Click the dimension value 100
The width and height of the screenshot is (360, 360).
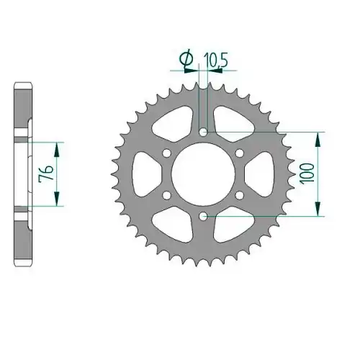(x=308, y=174)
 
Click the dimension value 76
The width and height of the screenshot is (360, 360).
(x=46, y=173)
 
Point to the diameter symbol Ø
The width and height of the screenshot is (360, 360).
(x=186, y=58)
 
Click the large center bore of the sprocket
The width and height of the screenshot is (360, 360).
(x=203, y=174)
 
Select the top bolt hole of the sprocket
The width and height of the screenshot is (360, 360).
(x=204, y=132)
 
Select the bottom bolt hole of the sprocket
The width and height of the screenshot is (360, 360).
(x=204, y=217)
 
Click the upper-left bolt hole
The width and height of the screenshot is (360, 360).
(x=166, y=153)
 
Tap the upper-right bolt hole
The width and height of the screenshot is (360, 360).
(x=240, y=153)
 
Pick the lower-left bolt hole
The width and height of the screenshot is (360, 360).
(x=166, y=195)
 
